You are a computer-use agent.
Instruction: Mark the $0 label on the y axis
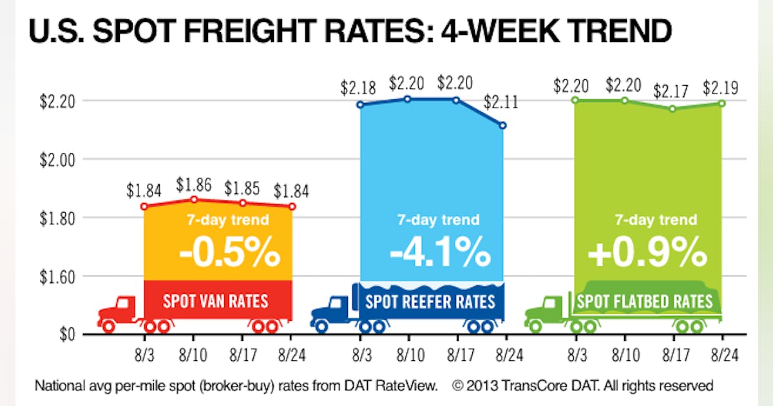point(68,334)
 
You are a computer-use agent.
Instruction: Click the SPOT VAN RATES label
point(216,301)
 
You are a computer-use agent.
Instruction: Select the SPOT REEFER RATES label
point(430,302)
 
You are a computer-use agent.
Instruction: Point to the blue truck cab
point(332,309)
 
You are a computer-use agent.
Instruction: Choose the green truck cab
point(545,309)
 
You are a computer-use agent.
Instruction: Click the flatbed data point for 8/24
point(721,103)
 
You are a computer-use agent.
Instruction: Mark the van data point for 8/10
point(193,199)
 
